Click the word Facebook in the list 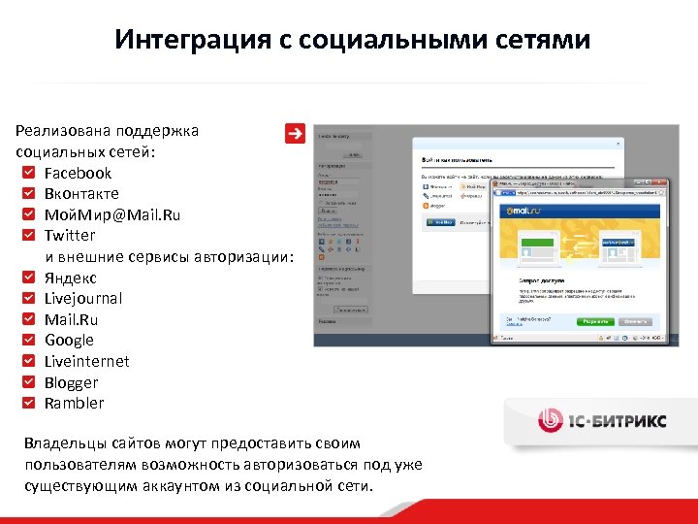point(78,173)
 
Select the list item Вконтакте point(81,194)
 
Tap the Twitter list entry point(70,236)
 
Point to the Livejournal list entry point(83,299)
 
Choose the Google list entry point(69,341)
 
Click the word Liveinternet point(86,362)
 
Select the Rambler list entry point(74,404)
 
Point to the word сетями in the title point(542,41)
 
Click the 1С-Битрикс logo point(601,420)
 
